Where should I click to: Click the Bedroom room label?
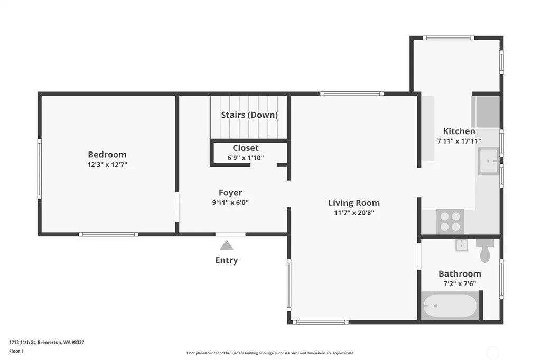(107, 155)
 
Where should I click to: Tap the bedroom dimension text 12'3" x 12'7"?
(107, 165)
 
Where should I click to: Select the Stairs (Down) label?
(249, 115)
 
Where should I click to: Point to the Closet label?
(245, 148)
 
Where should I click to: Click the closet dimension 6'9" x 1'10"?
(245, 158)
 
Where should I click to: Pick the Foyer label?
(230, 193)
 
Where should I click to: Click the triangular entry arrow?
(226, 245)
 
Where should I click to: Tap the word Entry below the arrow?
(226, 260)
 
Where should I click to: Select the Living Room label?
(353, 203)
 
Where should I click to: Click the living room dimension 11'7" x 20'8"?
(353, 213)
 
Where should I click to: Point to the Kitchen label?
(459, 131)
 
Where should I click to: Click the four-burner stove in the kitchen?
(450, 221)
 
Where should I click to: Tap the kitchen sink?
(488, 160)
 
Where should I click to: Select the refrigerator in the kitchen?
(486, 112)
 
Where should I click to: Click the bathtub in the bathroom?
(450, 306)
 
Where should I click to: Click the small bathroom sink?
(461, 245)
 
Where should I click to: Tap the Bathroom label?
(460, 274)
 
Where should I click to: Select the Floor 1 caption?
(16, 352)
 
